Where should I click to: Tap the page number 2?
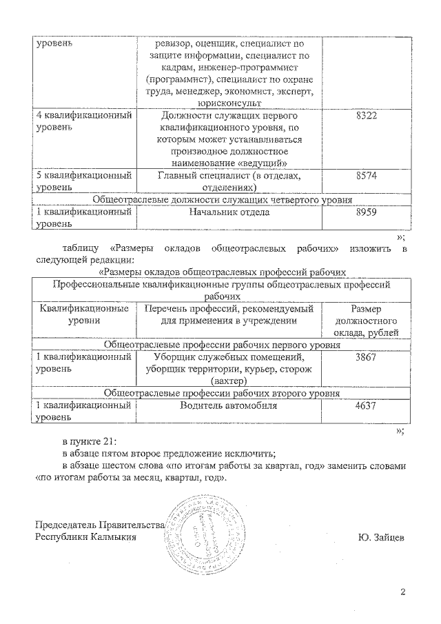404,592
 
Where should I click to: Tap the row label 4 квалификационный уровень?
83,123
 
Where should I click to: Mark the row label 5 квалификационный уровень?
83,182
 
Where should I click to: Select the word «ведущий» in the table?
261,162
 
